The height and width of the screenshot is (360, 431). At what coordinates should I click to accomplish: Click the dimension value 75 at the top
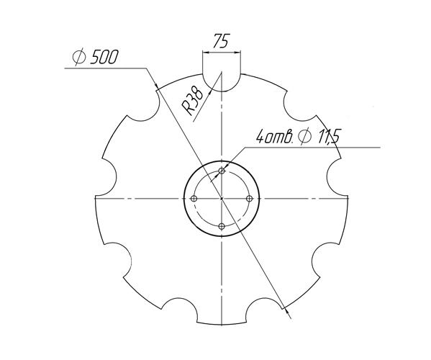click(x=222, y=42)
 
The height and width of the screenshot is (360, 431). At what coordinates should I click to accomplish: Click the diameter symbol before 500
click(x=80, y=58)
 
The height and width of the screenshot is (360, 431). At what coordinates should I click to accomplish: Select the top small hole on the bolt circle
click(x=222, y=171)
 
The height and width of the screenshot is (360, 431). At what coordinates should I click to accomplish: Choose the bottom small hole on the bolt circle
click(x=222, y=226)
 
